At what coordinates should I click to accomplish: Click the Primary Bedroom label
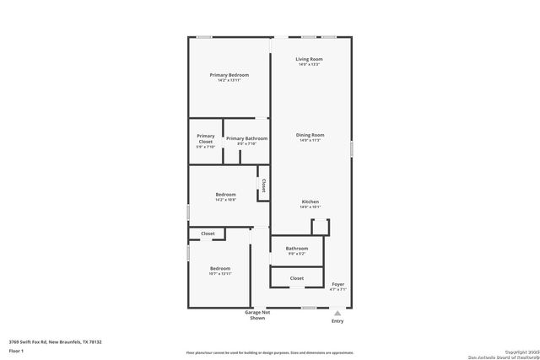pos(229,75)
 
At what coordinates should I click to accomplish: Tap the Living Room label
pos(310,59)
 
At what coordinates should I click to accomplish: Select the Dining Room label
pos(310,135)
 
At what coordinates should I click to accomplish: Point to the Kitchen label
pos(310,201)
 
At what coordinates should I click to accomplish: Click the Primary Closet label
pos(206,138)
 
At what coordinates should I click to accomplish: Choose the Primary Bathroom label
pos(246,138)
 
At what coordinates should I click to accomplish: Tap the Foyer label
pos(337,284)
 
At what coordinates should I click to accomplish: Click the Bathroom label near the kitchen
pos(297,249)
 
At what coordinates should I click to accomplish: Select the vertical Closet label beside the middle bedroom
pos(263,185)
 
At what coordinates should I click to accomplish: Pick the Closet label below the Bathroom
pos(297,277)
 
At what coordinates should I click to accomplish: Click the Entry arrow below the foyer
pos(337,312)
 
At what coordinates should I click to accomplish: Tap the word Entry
pos(337,321)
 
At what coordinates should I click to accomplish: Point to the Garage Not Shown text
pos(257,314)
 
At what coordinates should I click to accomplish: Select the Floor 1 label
pos(16,350)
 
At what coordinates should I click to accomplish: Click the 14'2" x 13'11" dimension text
pos(229,81)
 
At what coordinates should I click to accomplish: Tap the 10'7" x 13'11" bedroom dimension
pos(219,274)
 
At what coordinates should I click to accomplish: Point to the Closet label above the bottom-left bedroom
pos(208,234)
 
